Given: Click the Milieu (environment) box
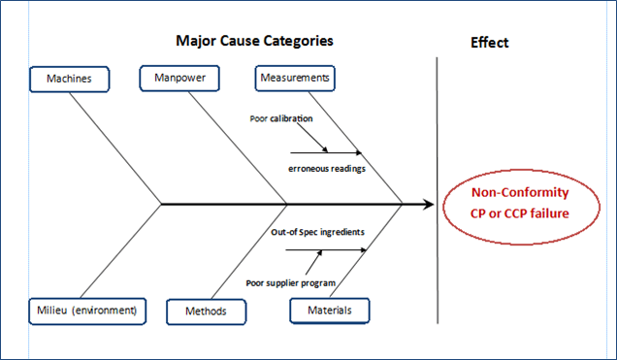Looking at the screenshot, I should click(x=88, y=311).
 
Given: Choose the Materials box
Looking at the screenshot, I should click(x=329, y=311).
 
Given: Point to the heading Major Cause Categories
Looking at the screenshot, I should click(x=254, y=42).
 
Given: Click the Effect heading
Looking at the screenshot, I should click(x=489, y=43).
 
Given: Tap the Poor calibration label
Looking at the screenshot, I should click(x=281, y=118).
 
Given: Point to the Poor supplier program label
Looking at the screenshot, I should click(x=290, y=282).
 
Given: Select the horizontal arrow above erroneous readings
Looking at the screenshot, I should click(x=325, y=152).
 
